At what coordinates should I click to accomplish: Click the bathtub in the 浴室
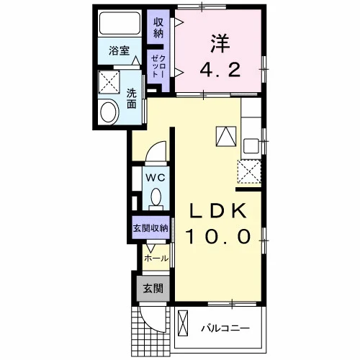120,23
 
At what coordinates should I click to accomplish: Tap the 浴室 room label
120,51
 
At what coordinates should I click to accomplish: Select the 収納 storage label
158,28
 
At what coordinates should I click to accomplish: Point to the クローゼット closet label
158,66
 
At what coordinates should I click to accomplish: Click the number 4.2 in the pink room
220,71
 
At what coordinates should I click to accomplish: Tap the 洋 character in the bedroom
220,44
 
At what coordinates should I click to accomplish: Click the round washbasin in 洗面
109,112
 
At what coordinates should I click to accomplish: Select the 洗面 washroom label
132,99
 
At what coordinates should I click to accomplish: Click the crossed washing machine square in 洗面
109,82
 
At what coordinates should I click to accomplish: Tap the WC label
156,178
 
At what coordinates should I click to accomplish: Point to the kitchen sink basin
251,145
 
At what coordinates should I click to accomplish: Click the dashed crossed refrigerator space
249,171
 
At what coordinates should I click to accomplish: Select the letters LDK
218,210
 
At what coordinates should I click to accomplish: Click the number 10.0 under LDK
218,236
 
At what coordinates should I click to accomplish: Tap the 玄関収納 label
150,228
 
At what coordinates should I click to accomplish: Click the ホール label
156,258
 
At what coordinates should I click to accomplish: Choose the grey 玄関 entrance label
153,288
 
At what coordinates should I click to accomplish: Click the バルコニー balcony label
225,328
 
